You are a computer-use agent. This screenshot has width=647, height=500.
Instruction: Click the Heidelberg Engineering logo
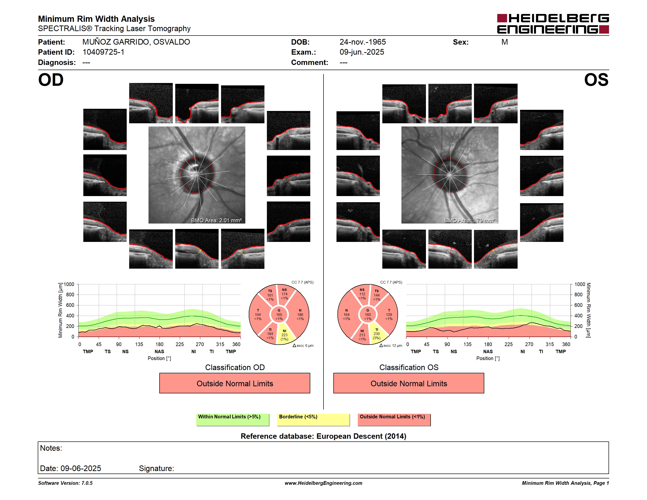tap(553, 24)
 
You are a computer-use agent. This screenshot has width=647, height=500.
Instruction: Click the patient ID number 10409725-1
tap(103, 52)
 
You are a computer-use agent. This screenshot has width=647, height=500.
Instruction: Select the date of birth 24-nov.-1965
tap(363, 42)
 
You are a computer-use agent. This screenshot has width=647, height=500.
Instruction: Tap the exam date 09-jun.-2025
tap(362, 52)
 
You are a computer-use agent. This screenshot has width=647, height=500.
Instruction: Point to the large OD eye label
tap(51, 80)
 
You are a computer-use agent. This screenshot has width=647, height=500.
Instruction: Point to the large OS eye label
tap(596, 80)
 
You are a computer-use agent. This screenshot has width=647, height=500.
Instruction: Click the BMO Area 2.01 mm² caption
tap(216, 220)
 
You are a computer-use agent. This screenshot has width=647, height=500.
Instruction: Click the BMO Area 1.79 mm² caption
tap(470, 220)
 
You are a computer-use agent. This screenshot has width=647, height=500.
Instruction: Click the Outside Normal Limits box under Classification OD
tap(235, 383)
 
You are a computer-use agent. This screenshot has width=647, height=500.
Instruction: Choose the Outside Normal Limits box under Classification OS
tap(409, 383)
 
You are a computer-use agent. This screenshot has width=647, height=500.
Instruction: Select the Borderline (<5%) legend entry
tap(313, 420)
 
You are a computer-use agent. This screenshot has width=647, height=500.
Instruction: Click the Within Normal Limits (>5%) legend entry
tap(233, 420)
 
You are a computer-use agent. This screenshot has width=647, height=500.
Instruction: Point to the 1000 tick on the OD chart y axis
tap(69, 284)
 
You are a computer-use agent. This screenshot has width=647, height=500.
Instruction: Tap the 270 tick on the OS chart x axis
tap(529, 344)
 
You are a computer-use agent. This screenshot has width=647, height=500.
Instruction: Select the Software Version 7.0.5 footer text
tap(65, 483)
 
